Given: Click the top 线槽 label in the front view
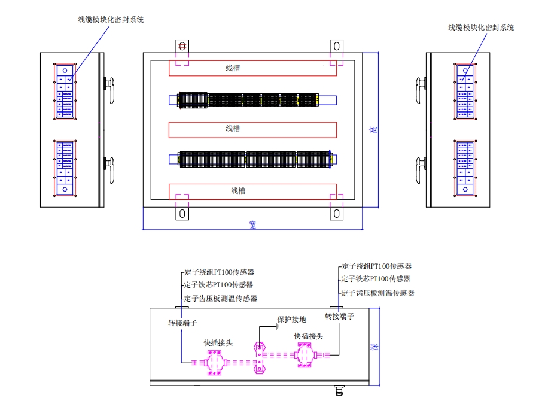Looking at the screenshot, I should (x=233, y=68).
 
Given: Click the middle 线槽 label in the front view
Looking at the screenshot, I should (x=233, y=129).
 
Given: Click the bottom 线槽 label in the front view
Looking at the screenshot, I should (x=238, y=191).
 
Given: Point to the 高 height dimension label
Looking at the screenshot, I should (x=373, y=130).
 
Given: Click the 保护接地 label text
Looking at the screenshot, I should (x=291, y=320).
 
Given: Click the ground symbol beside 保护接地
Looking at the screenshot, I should (x=277, y=327).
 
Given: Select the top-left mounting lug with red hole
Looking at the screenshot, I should (x=182, y=47).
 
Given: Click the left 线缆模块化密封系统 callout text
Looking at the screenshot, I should (x=111, y=20).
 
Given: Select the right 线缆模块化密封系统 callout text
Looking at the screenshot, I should (x=481, y=28).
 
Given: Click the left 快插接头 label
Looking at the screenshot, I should (x=218, y=343).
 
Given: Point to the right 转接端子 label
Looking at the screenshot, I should (x=340, y=316).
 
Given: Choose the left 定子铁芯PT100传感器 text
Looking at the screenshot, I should (x=218, y=285).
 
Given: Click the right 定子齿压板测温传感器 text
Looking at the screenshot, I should (x=378, y=293).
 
